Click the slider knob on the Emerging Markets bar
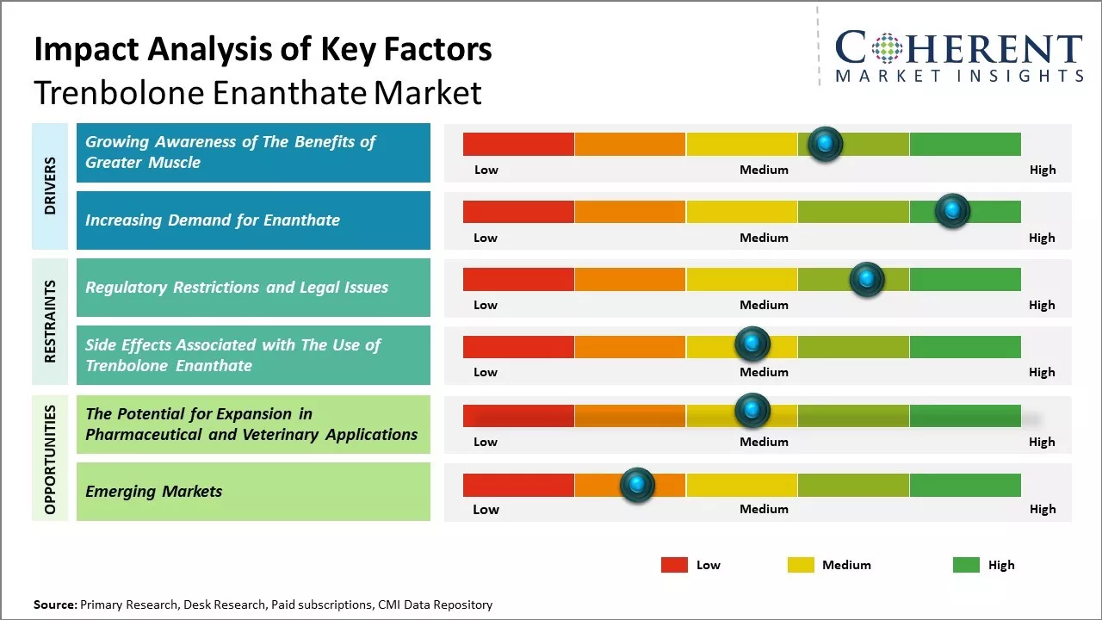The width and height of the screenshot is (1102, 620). tap(637, 485)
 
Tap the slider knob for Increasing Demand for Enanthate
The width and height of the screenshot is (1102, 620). tap(952, 211)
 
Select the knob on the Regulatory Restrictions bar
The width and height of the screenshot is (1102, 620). tap(866, 279)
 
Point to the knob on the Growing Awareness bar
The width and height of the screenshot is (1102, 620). tap(825, 144)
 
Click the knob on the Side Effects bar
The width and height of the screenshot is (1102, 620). tap(752, 344)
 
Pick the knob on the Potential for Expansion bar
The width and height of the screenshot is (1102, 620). tap(752, 411)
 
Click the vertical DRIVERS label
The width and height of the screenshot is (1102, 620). tap(50, 185)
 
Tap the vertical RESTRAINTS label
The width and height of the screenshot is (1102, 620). tap(50, 320)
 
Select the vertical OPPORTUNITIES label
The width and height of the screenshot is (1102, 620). tap(50, 459)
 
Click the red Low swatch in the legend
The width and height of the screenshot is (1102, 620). tap(674, 565)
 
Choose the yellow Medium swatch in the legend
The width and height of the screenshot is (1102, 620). tap(801, 565)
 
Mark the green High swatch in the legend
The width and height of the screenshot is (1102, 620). tap(966, 565)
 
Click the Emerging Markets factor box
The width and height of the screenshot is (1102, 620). tap(253, 492)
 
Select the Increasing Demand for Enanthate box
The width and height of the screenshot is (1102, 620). tap(253, 220)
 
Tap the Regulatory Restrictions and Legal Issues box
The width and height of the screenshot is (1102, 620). tap(253, 288)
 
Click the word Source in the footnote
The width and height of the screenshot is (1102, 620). tap(54, 604)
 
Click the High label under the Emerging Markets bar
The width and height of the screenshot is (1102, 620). tap(1042, 509)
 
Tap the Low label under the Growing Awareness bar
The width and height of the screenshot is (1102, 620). tap(486, 170)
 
